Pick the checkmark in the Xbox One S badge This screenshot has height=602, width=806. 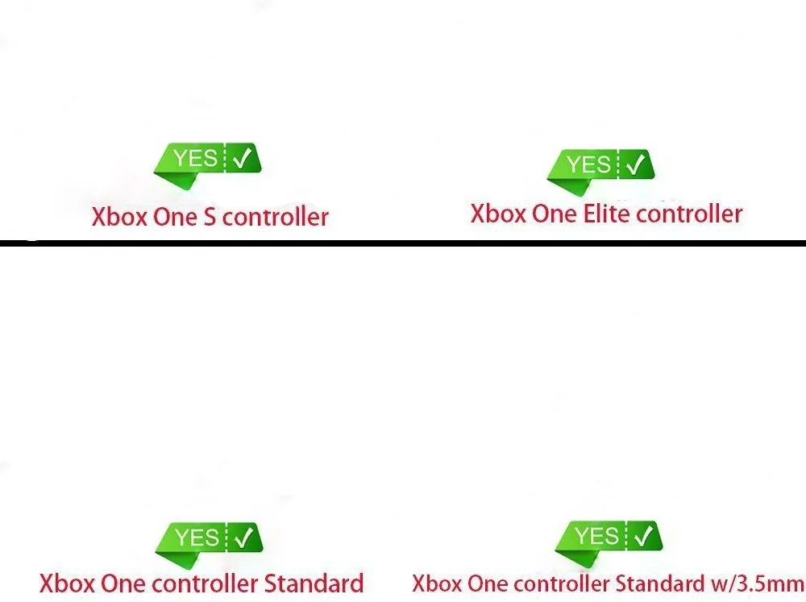click(x=242, y=158)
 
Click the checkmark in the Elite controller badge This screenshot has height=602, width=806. click(x=636, y=164)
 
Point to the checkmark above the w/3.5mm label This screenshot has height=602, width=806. click(x=643, y=537)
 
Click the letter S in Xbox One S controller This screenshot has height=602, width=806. click(x=210, y=217)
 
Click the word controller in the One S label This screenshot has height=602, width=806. click(x=276, y=217)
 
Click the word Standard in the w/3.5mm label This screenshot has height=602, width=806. click(x=660, y=583)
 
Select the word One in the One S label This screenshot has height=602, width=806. click(x=176, y=217)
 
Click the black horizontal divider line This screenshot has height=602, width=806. click(x=403, y=243)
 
